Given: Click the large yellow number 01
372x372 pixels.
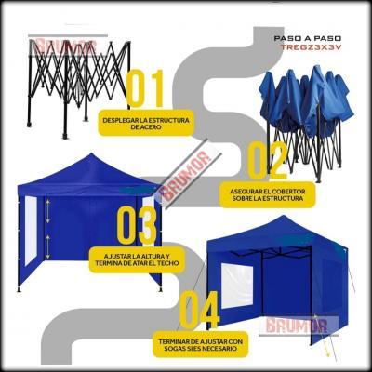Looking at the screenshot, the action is point(145,88).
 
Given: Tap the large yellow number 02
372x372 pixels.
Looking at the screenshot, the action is point(269,160).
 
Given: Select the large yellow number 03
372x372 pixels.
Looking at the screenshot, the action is point(137,225).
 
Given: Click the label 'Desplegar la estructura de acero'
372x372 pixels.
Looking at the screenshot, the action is point(146,124).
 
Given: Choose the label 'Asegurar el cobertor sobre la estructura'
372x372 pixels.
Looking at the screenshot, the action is point(267,194).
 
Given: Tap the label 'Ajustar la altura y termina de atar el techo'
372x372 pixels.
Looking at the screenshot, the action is point(137,260).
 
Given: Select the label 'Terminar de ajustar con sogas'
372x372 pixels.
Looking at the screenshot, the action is point(200,345).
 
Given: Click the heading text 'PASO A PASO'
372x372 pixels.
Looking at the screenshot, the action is point(308,38).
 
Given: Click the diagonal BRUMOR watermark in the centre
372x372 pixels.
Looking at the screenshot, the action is point(188,175).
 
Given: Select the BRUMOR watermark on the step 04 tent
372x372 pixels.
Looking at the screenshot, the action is point(297,325).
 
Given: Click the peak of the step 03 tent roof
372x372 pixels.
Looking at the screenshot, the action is point(91,153).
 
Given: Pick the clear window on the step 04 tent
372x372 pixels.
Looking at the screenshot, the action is point(237,286).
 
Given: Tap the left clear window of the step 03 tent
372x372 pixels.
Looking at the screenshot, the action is point(31,231).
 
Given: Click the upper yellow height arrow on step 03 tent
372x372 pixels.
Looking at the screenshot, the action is point(47,211).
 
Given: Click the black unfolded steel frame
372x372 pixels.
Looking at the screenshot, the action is point(79,86).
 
